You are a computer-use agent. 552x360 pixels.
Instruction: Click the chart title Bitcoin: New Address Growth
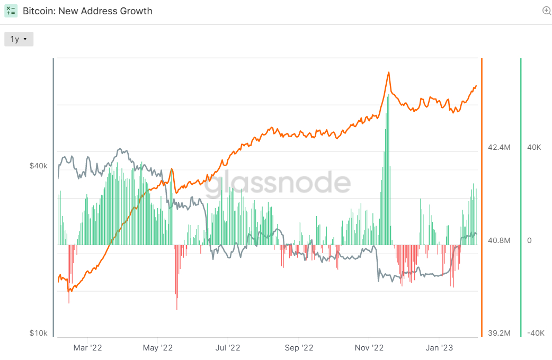click(x=87, y=11)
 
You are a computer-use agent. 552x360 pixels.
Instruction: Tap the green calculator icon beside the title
click(x=11, y=11)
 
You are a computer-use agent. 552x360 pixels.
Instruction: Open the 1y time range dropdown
click(x=19, y=39)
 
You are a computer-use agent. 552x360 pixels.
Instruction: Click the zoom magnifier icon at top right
click(x=547, y=11)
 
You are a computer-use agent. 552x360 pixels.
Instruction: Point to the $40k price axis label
click(x=38, y=166)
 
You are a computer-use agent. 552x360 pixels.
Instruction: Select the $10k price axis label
click(x=38, y=333)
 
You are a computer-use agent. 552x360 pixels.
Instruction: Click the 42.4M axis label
click(x=499, y=147)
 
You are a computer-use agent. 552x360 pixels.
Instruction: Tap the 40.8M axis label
click(x=499, y=240)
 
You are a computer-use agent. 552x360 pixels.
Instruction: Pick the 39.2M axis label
click(x=499, y=333)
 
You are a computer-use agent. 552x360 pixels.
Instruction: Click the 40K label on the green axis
click(x=534, y=147)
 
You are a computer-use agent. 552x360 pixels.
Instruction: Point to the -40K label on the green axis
click(x=536, y=333)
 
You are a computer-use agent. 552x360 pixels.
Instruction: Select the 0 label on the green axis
click(x=529, y=240)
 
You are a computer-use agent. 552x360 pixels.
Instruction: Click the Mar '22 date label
click(x=87, y=347)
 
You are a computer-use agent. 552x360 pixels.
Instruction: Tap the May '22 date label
click(x=158, y=347)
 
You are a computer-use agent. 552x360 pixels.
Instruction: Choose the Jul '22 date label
click(x=228, y=347)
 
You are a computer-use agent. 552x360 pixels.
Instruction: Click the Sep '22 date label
click(x=299, y=347)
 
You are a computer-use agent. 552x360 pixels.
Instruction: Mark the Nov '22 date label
click(x=369, y=347)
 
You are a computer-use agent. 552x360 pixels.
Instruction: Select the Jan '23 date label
click(x=439, y=347)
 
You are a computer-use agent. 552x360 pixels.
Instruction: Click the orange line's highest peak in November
click(x=389, y=72)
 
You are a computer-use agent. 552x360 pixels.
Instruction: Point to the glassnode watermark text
click(x=278, y=183)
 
